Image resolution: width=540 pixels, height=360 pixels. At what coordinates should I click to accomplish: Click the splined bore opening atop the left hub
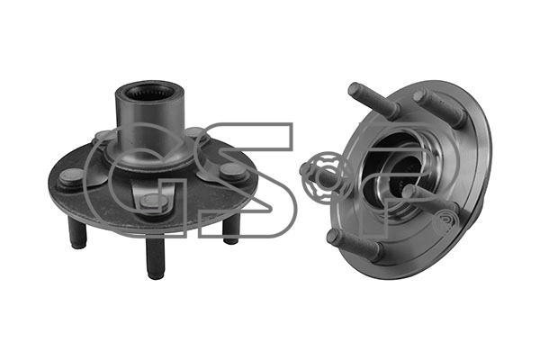[148, 92]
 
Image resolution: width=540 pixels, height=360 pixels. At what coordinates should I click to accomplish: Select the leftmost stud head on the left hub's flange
[71, 177]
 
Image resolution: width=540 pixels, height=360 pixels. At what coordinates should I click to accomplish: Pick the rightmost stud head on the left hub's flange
[233, 172]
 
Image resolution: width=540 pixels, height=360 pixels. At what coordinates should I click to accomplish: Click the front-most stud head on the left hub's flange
[155, 202]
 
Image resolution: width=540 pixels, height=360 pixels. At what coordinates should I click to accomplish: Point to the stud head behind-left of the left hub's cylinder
[103, 135]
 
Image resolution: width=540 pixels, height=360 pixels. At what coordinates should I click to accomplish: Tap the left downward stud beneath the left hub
[77, 233]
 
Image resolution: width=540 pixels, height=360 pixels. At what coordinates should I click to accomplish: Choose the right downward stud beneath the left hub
[231, 230]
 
